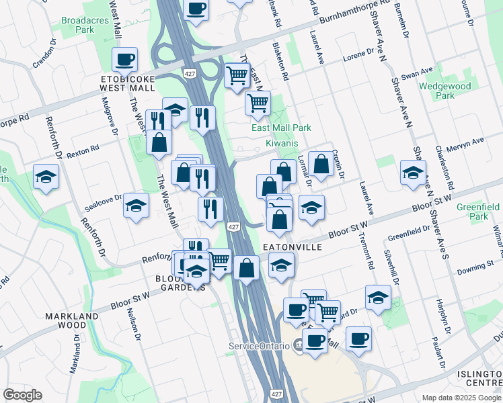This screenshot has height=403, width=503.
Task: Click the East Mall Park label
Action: pyautogui.click(x=281, y=128)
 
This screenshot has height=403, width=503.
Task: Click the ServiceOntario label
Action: pyautogui.click(x=258, y=346)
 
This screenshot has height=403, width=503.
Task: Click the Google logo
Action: pyautogui.click(x=22, y=395)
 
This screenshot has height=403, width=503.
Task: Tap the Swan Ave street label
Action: pyautogui.click(x=418, y=72)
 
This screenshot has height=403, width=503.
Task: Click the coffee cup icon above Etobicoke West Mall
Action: pyautogui.click(x=125, y=60)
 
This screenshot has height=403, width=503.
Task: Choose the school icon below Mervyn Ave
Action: pyautogui.click(x=413, y=172)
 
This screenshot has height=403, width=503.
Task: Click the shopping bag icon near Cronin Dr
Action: pyautogui.click(x=321, y=163)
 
